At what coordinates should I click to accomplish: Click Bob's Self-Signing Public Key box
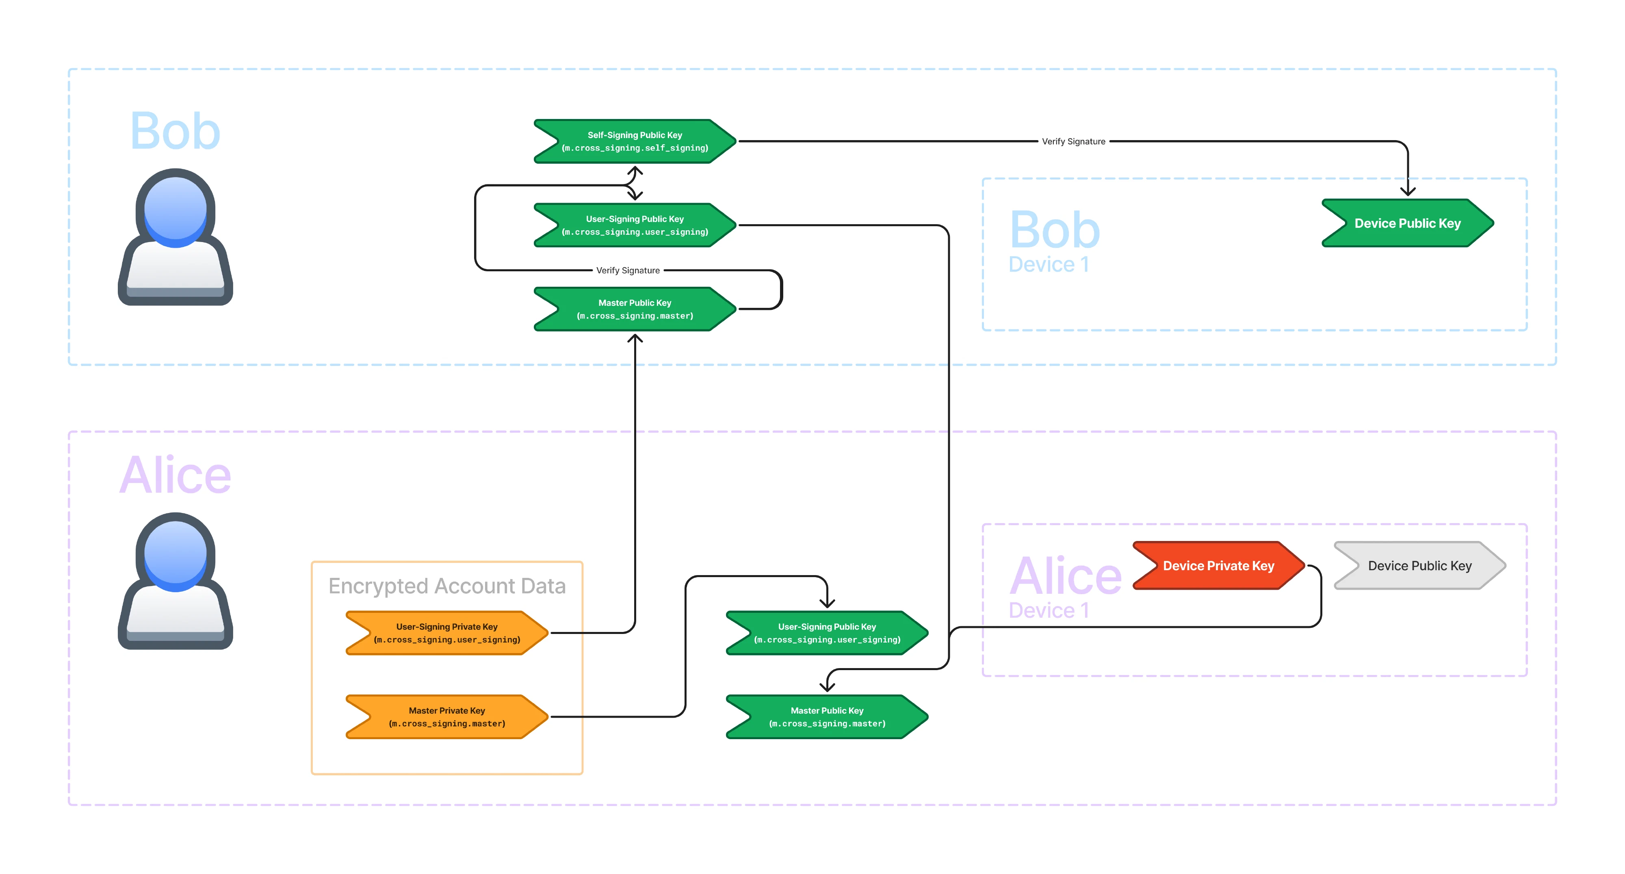635,141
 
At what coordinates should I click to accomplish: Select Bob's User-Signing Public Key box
635,225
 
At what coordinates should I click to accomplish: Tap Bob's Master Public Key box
635,309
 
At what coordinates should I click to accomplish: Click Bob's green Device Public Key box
1407,223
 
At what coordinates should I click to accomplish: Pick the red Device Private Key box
1218,566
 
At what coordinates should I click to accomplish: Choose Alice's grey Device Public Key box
1419,566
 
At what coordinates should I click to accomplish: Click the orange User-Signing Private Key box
446,633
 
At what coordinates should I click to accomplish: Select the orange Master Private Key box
446,717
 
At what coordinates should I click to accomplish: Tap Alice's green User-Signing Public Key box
827,633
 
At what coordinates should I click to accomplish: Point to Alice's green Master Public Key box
827,717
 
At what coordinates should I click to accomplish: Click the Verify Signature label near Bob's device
1073,141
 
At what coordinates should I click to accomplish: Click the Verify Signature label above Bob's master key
628,270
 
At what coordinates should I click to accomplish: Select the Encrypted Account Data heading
446,586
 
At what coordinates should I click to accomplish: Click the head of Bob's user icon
175,208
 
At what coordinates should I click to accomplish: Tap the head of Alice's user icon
175,552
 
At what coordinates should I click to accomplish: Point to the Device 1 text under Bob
1049,264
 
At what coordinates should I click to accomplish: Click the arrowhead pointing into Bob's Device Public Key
1407,191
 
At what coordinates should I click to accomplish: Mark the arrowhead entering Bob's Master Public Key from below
635,339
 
